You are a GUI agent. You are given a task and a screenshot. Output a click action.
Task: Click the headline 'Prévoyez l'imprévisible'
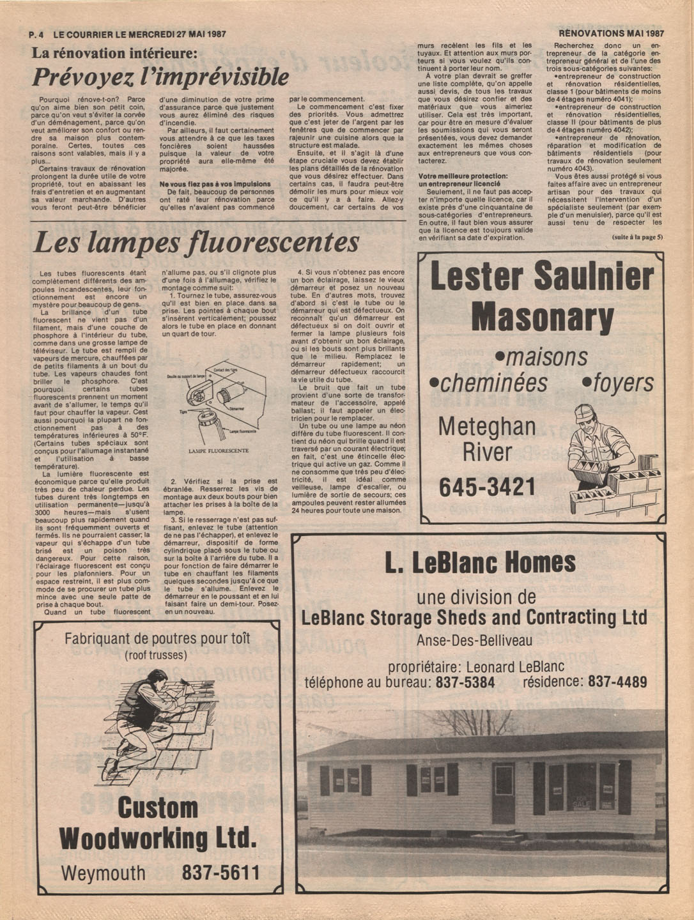tap(160, 78)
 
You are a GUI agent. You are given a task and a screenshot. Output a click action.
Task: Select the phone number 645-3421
tap(487, 487)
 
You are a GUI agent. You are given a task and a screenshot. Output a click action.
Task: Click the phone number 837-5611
tap(221, 873)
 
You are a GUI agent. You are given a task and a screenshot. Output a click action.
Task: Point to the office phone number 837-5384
tap(465, 682)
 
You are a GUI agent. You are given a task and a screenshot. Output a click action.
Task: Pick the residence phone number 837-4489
tap(617, 682)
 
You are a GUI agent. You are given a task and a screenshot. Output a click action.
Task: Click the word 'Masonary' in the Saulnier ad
tap(542, 316)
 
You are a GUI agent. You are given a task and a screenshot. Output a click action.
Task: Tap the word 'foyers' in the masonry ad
tap(618, 383)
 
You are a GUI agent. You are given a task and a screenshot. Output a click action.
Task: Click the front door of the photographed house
tap(504, 793)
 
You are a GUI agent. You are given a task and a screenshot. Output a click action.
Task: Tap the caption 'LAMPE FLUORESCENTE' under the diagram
tap(219, 450)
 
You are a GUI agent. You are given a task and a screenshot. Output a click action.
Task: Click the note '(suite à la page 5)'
tap(637, 238)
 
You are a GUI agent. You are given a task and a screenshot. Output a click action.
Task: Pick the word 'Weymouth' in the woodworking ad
tap(104, 873)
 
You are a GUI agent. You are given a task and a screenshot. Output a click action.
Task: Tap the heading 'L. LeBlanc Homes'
tap(481, 563)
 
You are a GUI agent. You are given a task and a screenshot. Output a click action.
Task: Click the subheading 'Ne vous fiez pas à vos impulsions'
tap(215, 184)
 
